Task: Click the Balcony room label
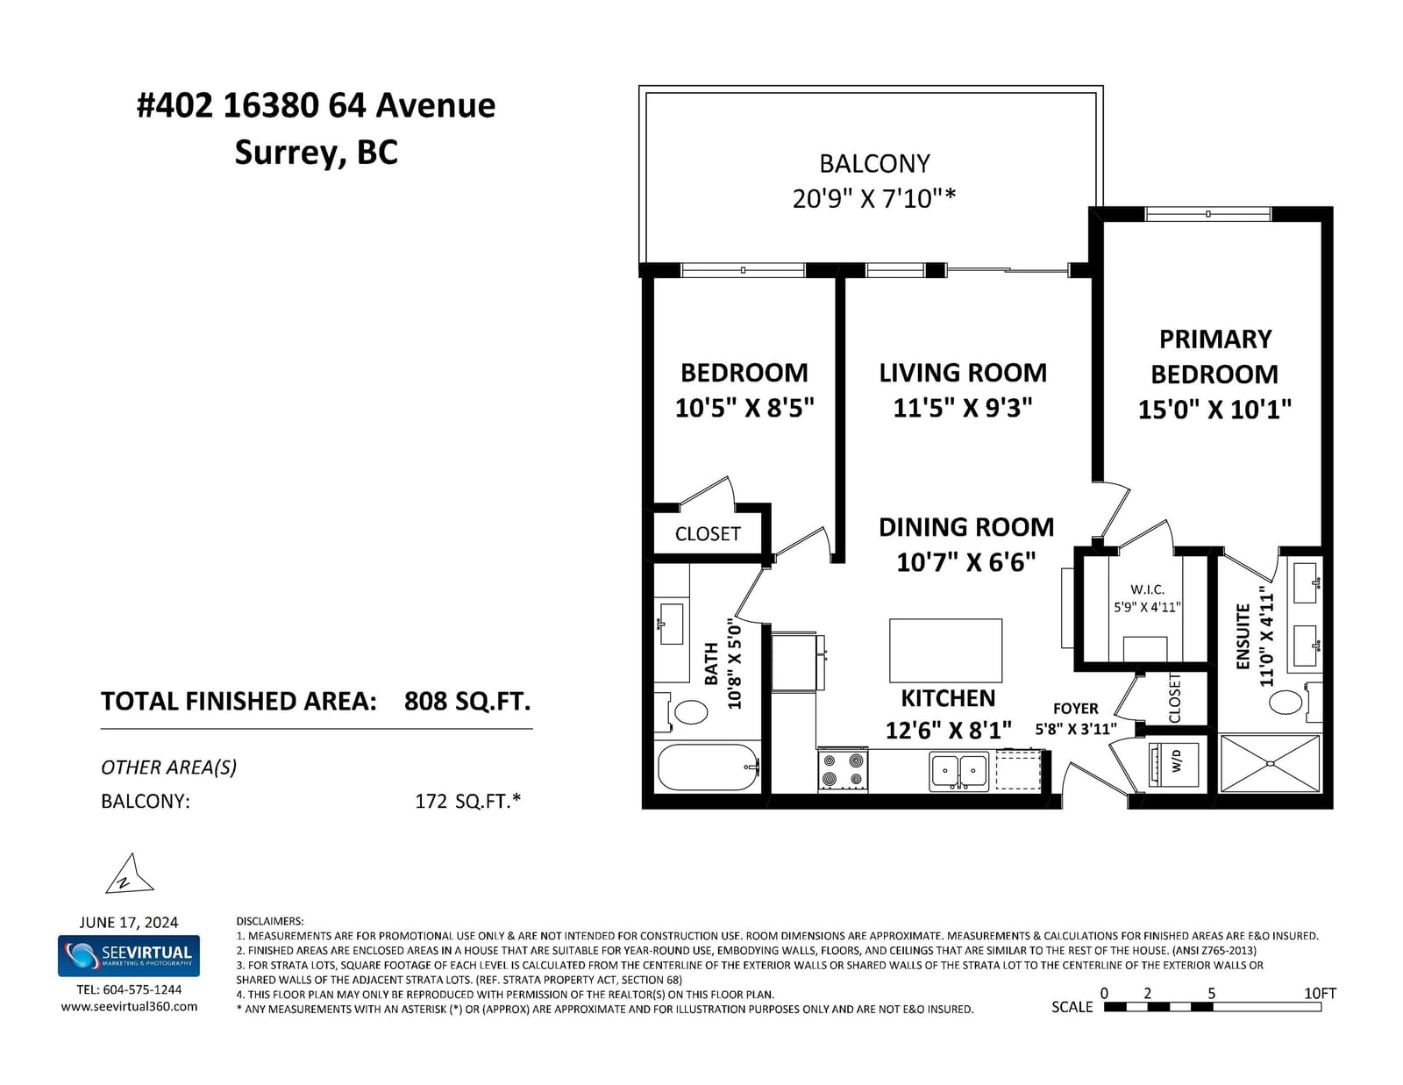click(x=874, y=163)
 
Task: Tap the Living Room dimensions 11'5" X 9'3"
click(x=962, y=408)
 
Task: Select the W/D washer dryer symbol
click(x=1175, y=764)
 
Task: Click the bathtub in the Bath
click(x=708, y=767)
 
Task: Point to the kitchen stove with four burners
click(x=843, y=769)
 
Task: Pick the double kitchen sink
click(x=958, y=771)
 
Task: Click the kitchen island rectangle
click(x=945, y=650)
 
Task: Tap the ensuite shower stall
click(x=1270, y=763)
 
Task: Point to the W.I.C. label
click(x=1147, y=589)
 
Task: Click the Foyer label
click(x=1075, y=709)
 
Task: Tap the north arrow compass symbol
click(x=129, y=874)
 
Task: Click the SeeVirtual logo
click(x=129, y=956)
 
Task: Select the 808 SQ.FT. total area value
click(x=467, y=702)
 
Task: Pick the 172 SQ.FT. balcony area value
click(x=468, y=802)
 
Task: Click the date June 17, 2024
click(x=129, y=923)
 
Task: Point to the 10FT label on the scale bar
click(x=1320, y=993)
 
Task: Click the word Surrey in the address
click(x=285, y=153)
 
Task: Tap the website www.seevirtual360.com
click(x=129, y=1007)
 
